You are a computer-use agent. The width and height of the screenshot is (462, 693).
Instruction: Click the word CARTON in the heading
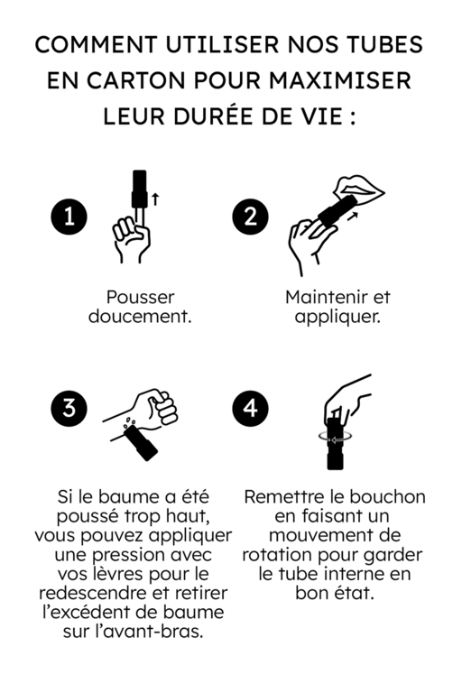point(128,80)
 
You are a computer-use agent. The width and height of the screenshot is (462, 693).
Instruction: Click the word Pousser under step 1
point(140,297)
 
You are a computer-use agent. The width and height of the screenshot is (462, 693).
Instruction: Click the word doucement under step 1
point(140,317)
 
